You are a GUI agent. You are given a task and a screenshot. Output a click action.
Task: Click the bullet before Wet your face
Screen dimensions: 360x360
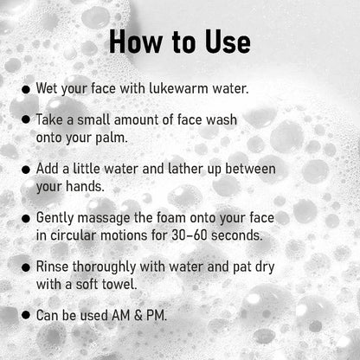click(27, 89)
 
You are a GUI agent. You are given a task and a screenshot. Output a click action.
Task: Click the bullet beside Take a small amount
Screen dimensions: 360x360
click(27, 121)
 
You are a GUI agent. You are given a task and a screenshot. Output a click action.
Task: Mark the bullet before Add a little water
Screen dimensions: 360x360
click(27, 169)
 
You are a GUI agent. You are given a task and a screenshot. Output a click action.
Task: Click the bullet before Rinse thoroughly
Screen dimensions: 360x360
click(27, 266)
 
